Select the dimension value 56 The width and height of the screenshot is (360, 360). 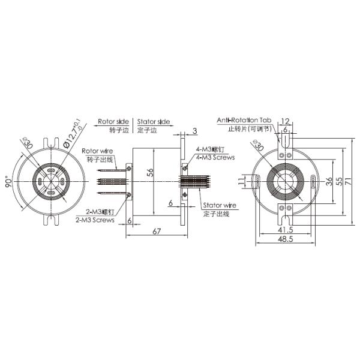coord(148,172)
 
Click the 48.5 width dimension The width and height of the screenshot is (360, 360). coord(285,239)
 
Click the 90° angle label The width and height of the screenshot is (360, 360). coord(10,182)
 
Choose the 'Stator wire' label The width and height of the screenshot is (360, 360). coord(219,205)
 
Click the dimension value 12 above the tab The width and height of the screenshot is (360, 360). coord(285,121)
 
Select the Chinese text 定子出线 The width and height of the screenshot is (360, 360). coord(217,213)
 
